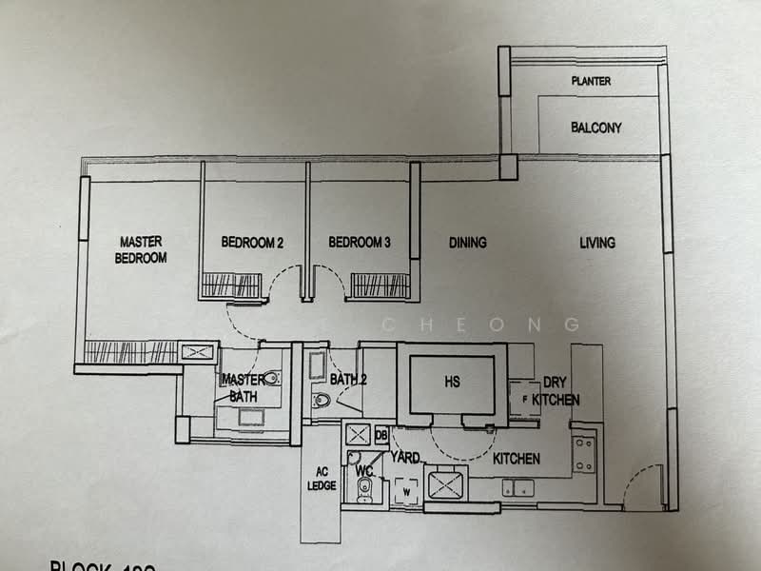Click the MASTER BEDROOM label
[x=141, y=249]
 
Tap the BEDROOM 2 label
[x=252, y=243]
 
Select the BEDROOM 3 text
[x=360, y=243]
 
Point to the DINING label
[x=467, y=243]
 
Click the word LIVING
[x=597, y=243]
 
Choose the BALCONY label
[x=596, y=128]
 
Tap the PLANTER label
[x=591, y=82]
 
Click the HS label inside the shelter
[x=452, y=382]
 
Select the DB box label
[x=381, y=435]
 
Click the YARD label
[x=405, y=458]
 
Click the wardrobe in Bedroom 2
[x=232, y=285]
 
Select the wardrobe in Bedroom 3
[x=380, y=285]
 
